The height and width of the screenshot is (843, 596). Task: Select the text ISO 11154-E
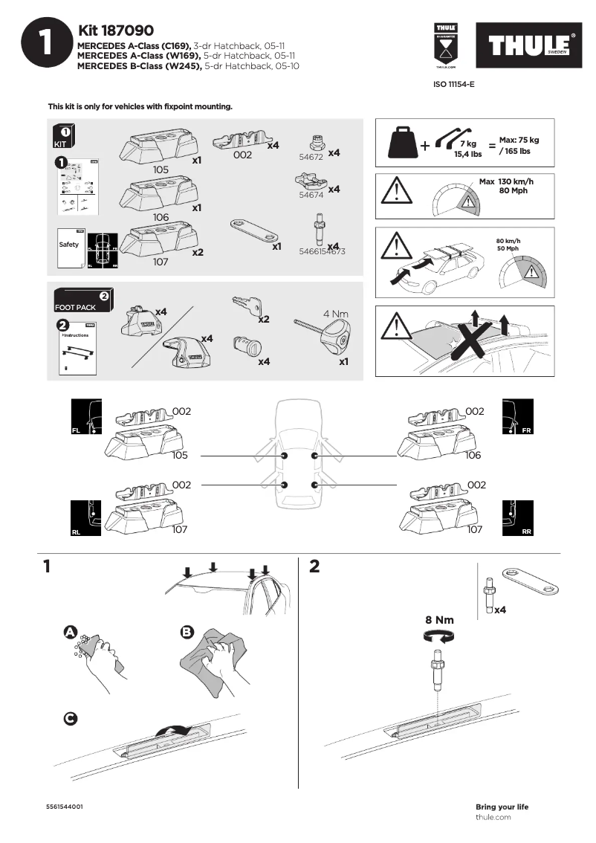(x=453, y=85)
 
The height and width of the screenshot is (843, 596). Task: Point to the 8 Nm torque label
(x=438, y=619)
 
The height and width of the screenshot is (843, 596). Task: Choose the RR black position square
(x=517, y=518)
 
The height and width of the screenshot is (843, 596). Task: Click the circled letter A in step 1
(x=71, y=632)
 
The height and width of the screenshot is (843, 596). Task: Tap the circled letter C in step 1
(x=69, y=718)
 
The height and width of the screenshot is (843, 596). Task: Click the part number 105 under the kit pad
(x=161, y=169)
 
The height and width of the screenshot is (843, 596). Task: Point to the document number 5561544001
(x=64, y=807)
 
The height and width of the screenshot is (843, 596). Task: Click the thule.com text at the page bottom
(x=493, y=817)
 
